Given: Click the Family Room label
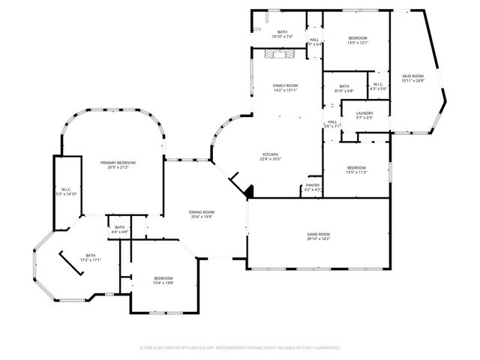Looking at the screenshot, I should [285, 86].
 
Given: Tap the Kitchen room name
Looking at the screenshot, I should [270, 154].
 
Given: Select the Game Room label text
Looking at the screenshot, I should [318, 235].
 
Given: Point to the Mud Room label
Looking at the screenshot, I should [412, 76].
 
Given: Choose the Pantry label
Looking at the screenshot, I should [313, 185].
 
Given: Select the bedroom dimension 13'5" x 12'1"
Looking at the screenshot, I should [357, 43].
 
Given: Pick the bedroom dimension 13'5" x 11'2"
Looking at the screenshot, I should [356, 172].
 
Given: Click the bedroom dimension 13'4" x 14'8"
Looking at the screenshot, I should [163, 283].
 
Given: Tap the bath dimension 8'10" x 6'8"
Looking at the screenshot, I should [343, 91].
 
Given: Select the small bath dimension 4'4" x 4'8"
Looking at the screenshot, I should [120, 232].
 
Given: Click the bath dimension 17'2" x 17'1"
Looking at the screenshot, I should [90, 259].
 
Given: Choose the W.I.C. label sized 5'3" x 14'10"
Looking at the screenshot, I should [66, 193].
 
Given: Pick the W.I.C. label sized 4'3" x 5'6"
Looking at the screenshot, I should [378, 88].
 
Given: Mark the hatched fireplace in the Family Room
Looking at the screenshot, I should [279, 54].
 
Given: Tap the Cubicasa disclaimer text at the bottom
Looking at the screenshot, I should [240, 348].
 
